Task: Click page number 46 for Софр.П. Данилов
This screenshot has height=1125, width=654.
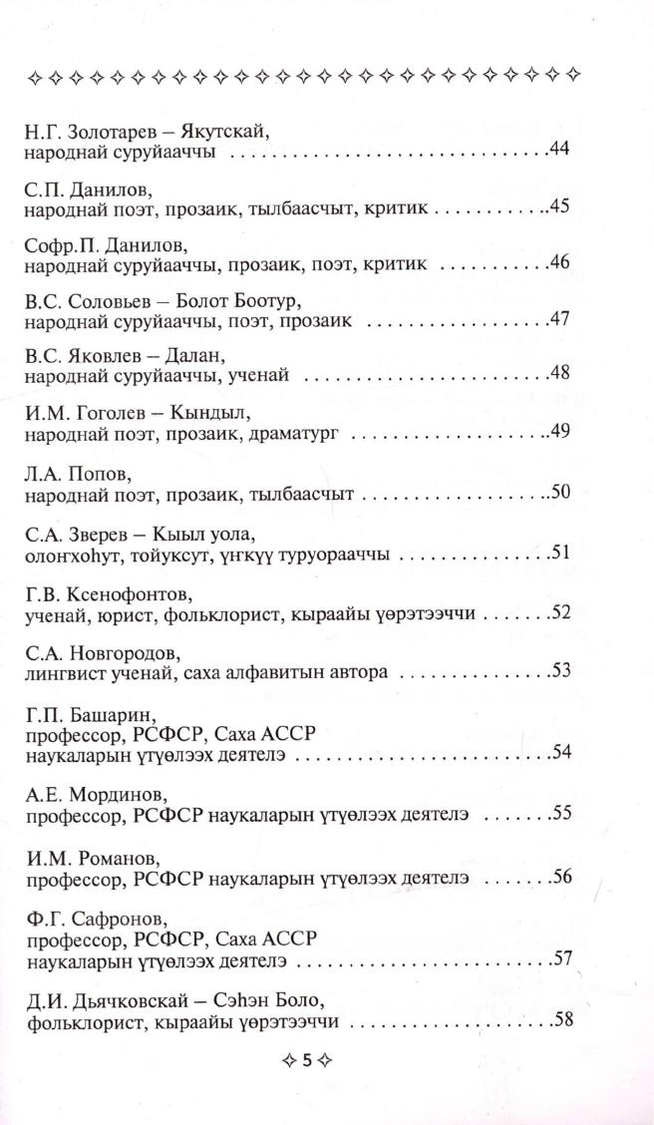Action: pos(559,264)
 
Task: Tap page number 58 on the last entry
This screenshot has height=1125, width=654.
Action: pos(559,1022)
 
